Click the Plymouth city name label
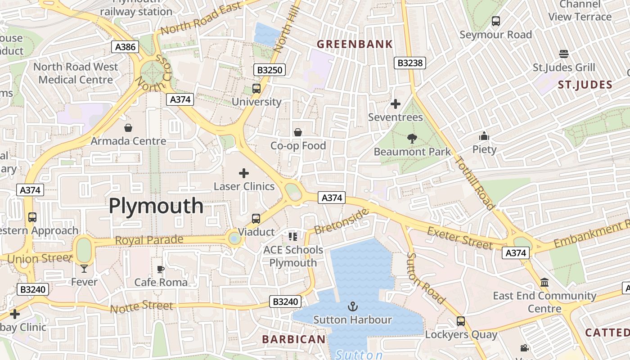point(156,206)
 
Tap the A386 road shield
point(125,46)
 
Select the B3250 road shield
point(270,70)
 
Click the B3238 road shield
point(410,63)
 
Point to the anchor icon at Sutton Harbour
point(352,306)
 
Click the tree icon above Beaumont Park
point(411,139)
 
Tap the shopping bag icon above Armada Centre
point(128,128)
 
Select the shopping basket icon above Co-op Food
point(297,132)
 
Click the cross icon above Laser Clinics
point(244,173)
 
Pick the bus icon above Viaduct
point(256,219)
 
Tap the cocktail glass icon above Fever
point(84,269)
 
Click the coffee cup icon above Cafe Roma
point(161,269)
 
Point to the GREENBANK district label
point(355,44)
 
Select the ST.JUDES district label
point(585,85)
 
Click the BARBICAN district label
point(293,339)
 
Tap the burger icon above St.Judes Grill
point(564,54)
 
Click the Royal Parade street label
point(149,240)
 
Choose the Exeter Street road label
point(460,238)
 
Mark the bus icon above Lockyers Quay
point(461,321)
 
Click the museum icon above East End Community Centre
point(544,283)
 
